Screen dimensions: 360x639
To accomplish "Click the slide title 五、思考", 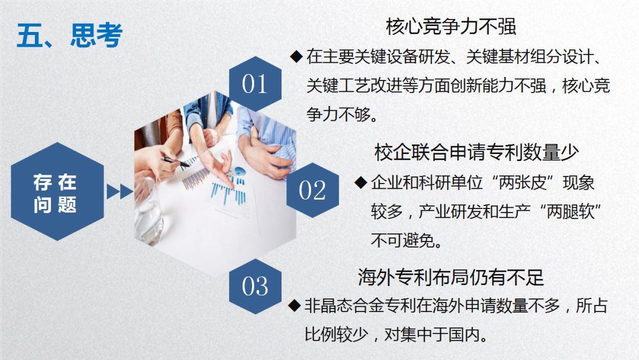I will pos(69,36).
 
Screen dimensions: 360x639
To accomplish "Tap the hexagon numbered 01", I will pos(255,84).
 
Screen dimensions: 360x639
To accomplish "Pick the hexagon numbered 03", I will pos(255,286).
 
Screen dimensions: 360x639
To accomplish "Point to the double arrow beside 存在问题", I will pos(119,192).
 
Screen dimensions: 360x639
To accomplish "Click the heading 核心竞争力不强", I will pos(451,27).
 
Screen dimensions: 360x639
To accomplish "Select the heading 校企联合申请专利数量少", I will pos(476,152).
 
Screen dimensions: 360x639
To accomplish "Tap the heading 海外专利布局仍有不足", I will pos(451,277).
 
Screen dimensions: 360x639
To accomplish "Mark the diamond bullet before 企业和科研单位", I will pos(360,182).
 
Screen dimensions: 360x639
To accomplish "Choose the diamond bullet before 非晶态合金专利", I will pos(294,306).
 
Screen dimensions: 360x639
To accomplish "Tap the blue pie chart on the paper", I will pos(239,172).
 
